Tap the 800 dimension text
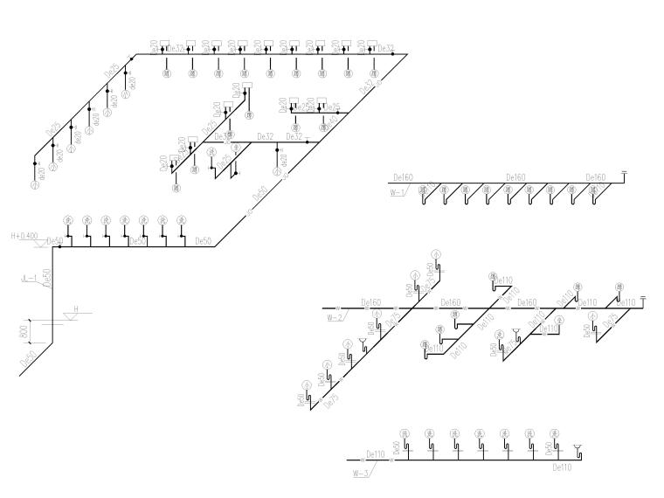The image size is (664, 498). (25, 331)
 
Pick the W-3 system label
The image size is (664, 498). (359, 473)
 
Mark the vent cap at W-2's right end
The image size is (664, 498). (642, 299)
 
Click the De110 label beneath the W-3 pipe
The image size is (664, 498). (562, 468)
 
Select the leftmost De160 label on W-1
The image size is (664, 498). (404, 177)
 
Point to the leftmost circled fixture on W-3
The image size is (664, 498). (405, 433)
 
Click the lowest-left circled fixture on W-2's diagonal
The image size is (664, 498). (307, 384)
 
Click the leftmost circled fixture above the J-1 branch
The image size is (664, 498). (67, 219)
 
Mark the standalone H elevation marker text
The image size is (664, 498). (76, 309)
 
